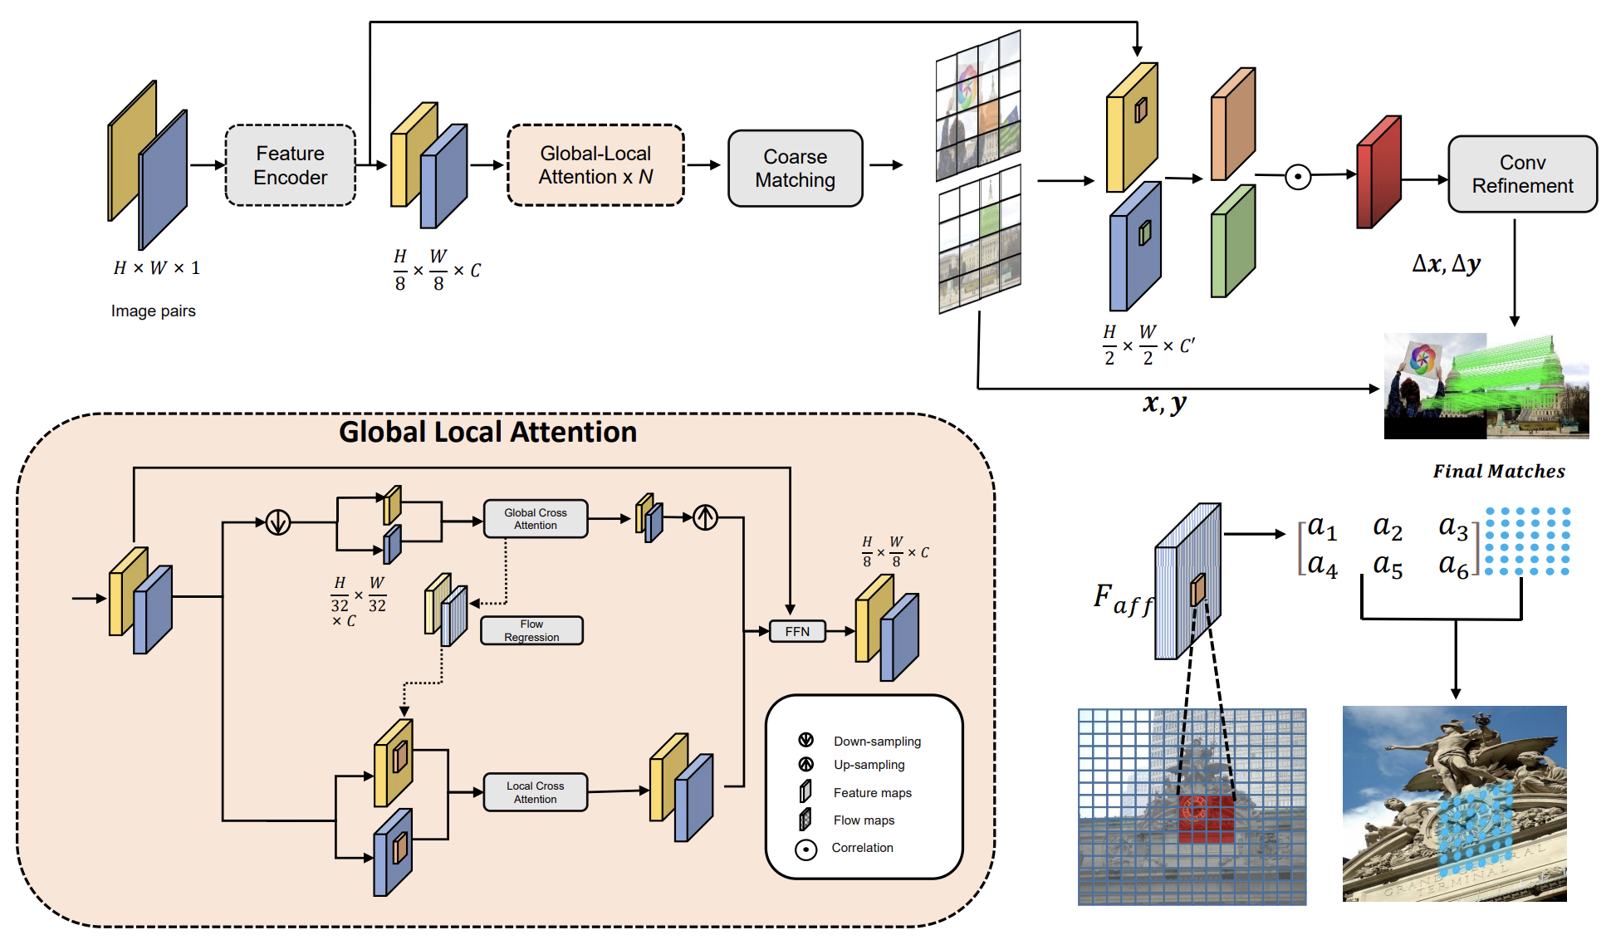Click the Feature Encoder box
[290, 165]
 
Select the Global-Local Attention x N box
[595, 165]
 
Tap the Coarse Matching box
[795, 169]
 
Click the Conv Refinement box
[1521, 174]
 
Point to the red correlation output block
[1378, 174]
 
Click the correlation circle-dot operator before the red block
[1298, 176]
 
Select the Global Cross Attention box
[535, 519]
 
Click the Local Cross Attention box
[535, 792]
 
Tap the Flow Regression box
[531, 630]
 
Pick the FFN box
[796, 631]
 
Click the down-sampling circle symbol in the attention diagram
[278, 522]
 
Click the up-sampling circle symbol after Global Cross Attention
[705, 517]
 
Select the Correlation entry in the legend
[862, 848]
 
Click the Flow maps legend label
[864, 820]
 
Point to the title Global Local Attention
[487, 432]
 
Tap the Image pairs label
[154, 311]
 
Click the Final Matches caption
[1498, 472]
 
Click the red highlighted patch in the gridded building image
[1206, 819]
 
